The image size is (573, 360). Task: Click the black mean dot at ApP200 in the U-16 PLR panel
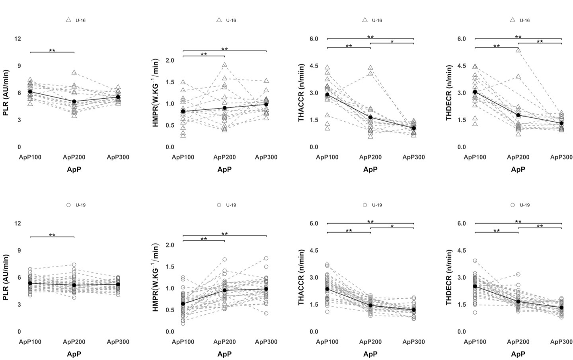(74, 101)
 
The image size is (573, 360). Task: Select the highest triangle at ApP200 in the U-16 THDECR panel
(518, 50)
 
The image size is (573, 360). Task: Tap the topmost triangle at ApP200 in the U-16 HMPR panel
(224, 65)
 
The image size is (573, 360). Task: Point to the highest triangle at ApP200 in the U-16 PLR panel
(74, 72)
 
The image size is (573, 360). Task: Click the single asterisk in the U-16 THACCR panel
(392, 41)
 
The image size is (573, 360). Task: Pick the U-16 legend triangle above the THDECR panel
(513, 20)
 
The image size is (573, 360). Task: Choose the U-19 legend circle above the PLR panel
(68, 205)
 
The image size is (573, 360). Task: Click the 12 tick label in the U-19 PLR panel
(17, 223)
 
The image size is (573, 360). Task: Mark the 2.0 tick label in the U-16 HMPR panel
(170, 60)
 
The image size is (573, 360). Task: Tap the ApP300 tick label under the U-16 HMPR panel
(266, 157)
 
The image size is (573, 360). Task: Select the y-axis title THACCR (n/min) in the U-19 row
(302, 278)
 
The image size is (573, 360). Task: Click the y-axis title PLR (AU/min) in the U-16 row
(6, 93)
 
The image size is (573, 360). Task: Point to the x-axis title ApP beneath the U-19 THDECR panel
(518, 354)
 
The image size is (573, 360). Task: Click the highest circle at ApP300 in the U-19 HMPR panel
(266, 258)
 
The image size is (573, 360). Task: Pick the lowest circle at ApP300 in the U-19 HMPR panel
(266, 313)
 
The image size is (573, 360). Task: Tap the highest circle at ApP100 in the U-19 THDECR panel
(475, 261)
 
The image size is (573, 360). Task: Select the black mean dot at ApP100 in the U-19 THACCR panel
(327, 289)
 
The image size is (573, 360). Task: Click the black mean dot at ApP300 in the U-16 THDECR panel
(561, 123)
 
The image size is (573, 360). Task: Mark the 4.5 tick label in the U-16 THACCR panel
(314, 66)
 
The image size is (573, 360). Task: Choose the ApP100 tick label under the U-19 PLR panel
(30, 342)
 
